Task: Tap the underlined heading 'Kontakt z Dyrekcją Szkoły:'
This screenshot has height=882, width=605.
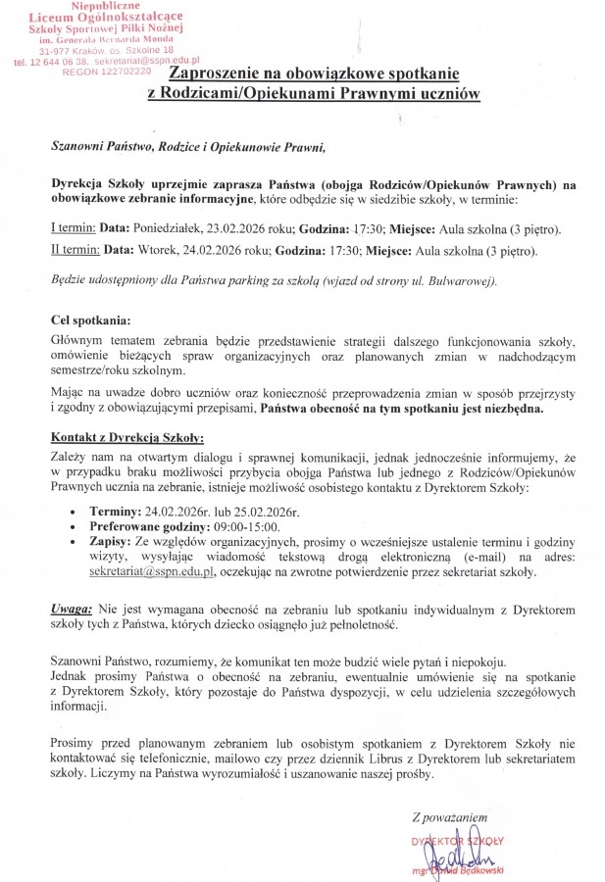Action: click(127, 436)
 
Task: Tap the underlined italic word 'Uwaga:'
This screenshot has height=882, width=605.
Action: click(73, 607)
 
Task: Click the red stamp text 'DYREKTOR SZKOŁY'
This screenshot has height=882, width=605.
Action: click(457, 841)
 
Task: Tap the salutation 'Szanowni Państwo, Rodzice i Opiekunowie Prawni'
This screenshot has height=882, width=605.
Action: click(187, 147)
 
